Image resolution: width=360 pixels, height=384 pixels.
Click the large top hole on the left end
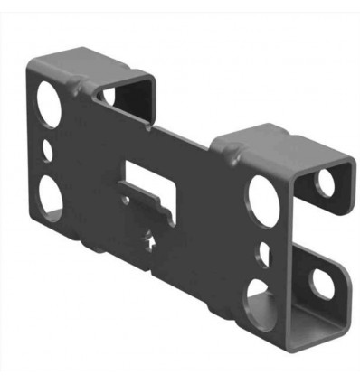46,102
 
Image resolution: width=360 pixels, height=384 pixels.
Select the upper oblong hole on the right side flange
323,183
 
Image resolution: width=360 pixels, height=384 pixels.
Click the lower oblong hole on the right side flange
321,281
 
